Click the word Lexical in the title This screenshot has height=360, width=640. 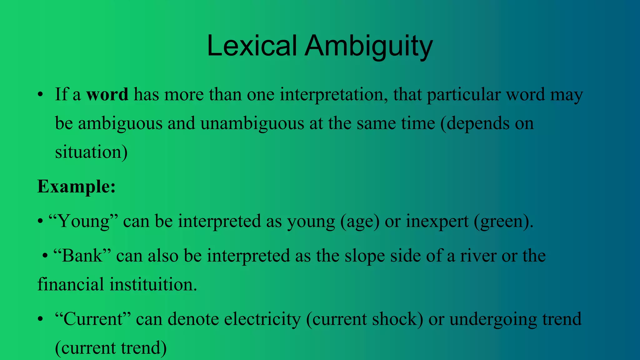coord(252,46)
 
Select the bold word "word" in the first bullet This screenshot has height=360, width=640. coord(107,94)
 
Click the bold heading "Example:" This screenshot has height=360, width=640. coord(77,187)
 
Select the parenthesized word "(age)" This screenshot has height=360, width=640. coord(360,222)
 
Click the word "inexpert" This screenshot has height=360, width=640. coord(437,222)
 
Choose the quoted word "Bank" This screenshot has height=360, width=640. coord(82,256)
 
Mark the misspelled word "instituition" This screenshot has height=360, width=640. coord(153,285)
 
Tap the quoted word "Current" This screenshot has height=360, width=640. coord(92,319)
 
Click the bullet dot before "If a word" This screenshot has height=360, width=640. coord(40,95)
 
